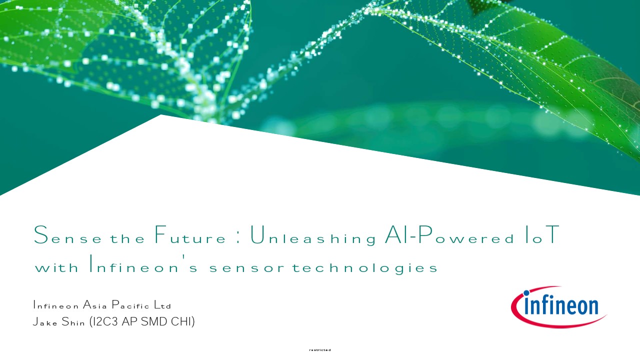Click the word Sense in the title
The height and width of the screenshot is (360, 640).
pos(67,235)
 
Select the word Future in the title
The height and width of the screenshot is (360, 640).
pos(190,234)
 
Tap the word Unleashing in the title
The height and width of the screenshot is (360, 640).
pos(313,235)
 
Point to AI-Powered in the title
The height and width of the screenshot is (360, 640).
pos(449,234)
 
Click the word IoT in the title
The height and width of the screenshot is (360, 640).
pos(542,234)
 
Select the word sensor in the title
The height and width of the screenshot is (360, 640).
pos(247,267)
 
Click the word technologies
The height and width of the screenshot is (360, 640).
pos(364,266)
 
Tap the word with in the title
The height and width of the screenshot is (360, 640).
pos(56,266)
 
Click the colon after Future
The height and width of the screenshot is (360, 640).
pos(238,239)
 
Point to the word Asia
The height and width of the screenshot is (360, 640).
pos(95,305)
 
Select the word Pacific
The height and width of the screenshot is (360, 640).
pos(130,305)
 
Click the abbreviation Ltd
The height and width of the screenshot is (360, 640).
pos(162,305)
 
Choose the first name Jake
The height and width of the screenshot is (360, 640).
pos(45,321)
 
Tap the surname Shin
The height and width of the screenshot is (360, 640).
pos(73,321)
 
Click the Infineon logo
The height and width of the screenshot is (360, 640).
pos(558,307)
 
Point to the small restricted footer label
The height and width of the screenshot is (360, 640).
pos(320,350)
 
